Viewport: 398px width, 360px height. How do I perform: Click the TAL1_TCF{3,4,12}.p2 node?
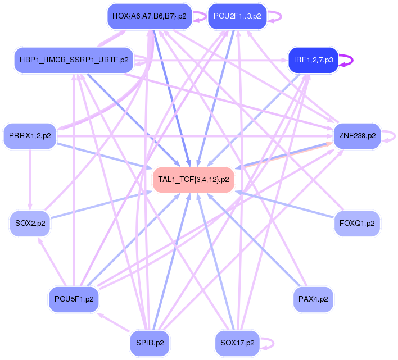[x=193, y=180]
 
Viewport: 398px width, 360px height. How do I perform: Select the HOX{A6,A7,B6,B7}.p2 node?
[x=149, y=16]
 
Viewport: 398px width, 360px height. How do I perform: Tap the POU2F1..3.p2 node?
[x=237, y=16]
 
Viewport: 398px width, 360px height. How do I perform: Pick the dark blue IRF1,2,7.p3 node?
[x=313, y=60]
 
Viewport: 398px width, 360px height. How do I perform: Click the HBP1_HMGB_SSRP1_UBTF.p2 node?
[x=74, y=60]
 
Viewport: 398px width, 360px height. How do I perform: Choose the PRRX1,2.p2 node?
[x=30, y=136]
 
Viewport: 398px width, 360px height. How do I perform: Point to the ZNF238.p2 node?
[x=358, y=136]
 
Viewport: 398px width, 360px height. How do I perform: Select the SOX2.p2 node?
[x=30, y=224]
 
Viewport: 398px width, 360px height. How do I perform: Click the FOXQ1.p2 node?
[x=358, y=224]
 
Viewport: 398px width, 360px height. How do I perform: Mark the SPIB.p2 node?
[x=150, y=343]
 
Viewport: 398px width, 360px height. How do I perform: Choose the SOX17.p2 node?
[x=237, y=343]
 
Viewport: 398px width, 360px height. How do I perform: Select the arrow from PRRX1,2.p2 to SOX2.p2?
[x=30, y=180]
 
